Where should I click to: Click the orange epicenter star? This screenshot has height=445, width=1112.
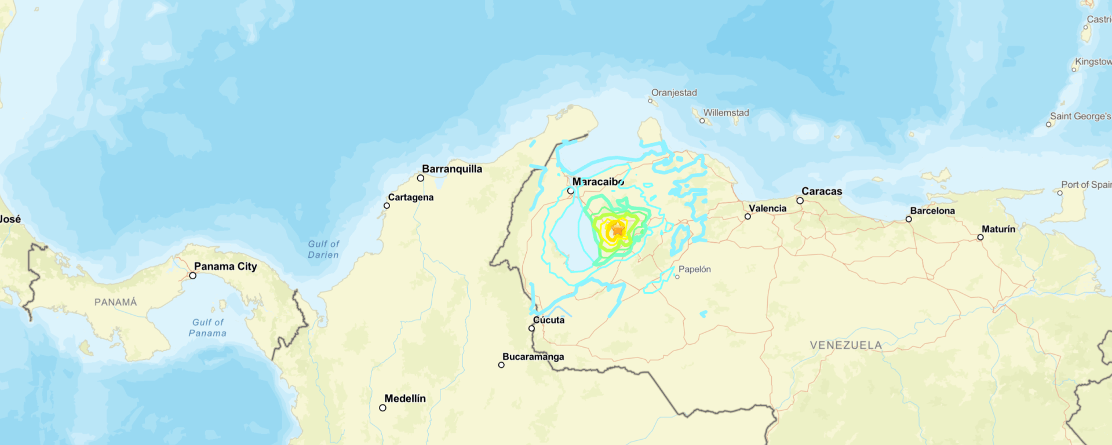point(618,230)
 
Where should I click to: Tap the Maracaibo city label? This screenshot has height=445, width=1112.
point(598,182)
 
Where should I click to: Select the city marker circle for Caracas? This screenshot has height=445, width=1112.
point(800,200)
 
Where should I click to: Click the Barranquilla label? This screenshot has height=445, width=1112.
point(452,169)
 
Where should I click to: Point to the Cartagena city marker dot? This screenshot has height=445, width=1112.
point(387,206)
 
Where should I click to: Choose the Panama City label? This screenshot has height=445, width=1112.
point(225,267)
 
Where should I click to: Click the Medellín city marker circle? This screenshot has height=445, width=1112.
point(382,408)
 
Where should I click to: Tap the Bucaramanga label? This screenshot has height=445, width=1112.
point(533,357)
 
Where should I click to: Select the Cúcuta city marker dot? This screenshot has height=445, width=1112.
point(531,329)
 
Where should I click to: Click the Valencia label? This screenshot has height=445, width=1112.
point(768,209)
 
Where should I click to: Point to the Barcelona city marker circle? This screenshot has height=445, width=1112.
point(909,219)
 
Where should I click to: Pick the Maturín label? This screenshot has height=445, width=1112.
point(998,229)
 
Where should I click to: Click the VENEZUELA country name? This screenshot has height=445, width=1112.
point(845,345)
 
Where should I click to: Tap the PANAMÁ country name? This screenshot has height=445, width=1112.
point(116,302)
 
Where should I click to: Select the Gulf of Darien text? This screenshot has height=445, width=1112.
point(323,250)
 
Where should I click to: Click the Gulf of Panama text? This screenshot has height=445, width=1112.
point(207,328)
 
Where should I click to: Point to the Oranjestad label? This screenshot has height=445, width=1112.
point(674,93)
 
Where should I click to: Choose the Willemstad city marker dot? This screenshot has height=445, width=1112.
point(702,121)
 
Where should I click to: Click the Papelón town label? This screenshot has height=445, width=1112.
point(694,269)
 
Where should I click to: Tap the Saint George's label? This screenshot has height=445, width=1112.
point(1081,116)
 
